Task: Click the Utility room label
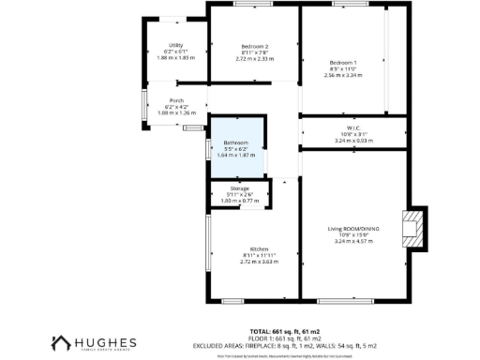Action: (175, 44)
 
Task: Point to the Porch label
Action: (176, 101)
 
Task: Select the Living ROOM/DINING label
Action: (353, 229)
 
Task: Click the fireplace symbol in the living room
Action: (411, 229)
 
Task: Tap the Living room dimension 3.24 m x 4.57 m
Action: (353, 241)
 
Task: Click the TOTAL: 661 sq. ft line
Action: (285, 331)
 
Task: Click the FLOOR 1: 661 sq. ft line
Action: (285, 338)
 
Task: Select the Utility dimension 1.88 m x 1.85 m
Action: (175, 57)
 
